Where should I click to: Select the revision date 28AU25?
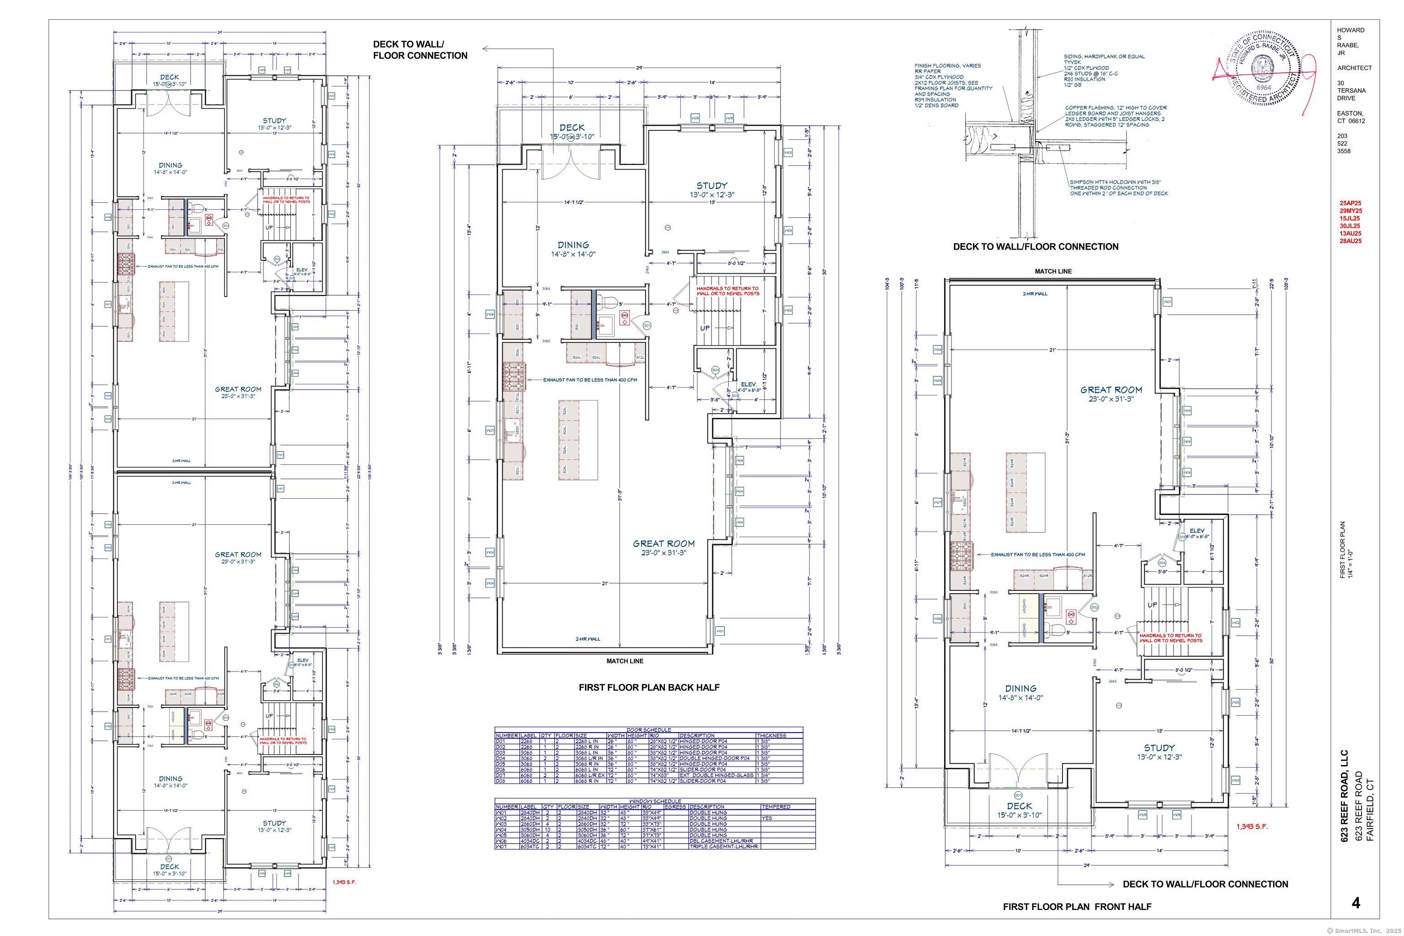coord(1350,241)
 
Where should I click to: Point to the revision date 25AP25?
coord(1350,203)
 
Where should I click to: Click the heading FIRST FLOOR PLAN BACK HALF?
coord(649,687)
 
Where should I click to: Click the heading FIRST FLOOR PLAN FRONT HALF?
coord(1077,907)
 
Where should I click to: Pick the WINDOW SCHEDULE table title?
coord(655,801)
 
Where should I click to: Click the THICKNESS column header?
coord(771,735)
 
